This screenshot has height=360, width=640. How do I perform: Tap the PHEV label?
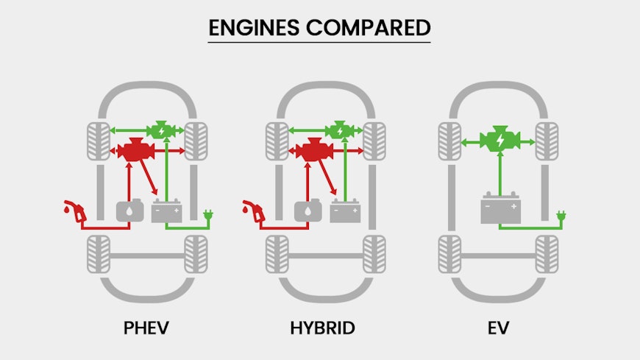click(x=146, y=327)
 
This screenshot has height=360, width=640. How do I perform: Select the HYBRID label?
click(x=323, y=327)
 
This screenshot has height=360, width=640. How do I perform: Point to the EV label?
click(x=499, y=327)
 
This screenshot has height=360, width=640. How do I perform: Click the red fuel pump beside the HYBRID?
click(x=254, y=211)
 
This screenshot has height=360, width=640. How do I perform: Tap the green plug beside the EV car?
click(x=561, y=216)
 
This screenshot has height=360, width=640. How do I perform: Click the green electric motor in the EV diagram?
click(x=499, y=139)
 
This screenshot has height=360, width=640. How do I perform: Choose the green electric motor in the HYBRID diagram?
click(x=338, y=130)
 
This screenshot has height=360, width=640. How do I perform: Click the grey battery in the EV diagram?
click(x=500, y=208)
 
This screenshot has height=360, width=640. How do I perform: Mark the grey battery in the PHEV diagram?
click(x=166, y=211)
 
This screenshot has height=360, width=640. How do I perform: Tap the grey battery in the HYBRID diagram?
click(x=344, y=211)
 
